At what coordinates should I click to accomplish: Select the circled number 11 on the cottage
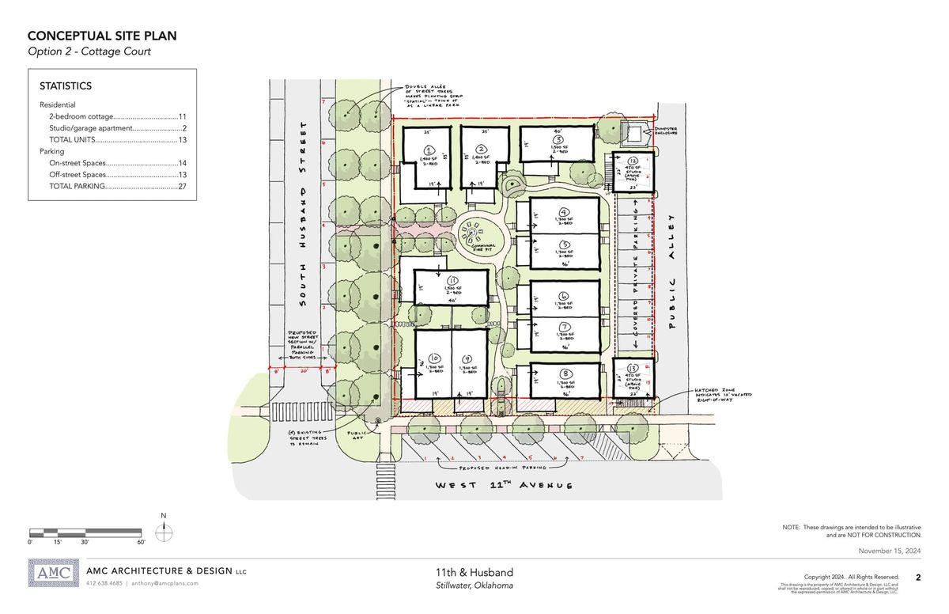tap(453, 280)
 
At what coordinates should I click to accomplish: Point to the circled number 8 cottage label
tap(565, 375)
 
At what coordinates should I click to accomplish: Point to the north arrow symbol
tap(164, 533)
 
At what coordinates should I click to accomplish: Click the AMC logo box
tap(54, 574)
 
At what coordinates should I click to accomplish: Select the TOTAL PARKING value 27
tap(181, 186)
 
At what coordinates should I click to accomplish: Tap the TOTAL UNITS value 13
tap(181, 139)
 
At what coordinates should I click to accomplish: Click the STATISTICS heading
tap(66, 86)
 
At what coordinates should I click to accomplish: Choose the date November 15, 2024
tap(890, 551)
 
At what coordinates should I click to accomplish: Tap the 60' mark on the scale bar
tap(140, 543)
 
